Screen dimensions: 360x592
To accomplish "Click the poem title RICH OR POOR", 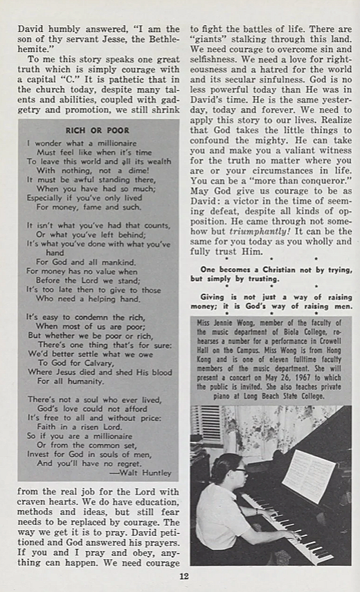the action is [x=97, y=129].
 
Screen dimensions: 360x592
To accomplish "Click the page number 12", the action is [x=183, y=576].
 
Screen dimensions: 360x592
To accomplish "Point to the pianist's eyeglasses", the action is [x=241, y=470].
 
